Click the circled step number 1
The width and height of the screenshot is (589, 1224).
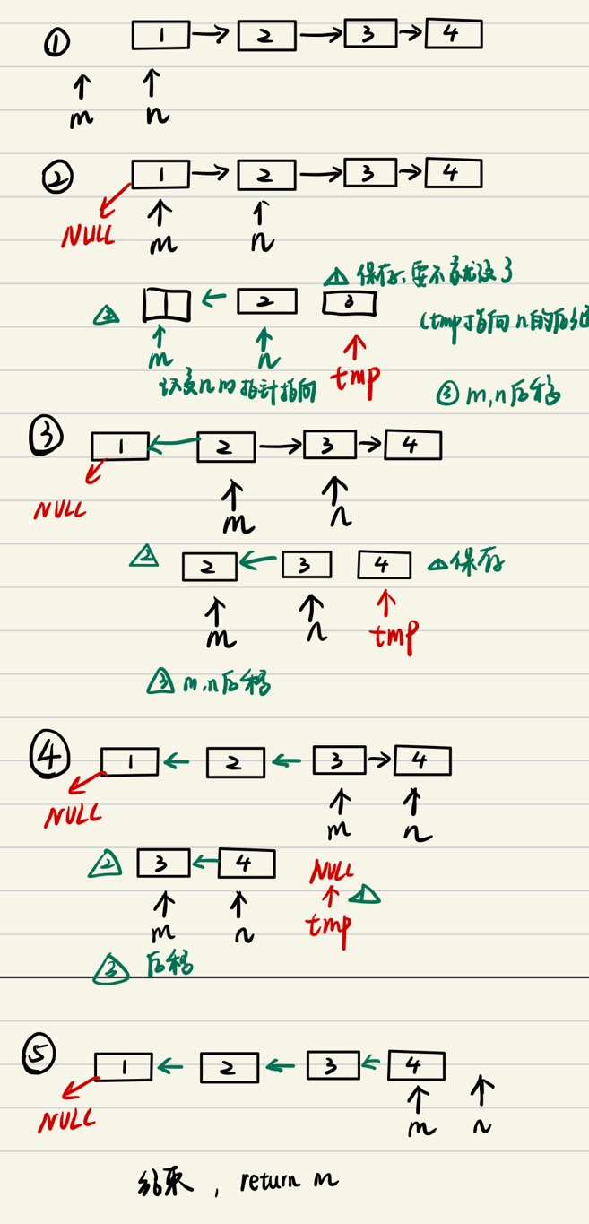[57, 43]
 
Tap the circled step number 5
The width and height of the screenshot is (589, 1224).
[40, 1054]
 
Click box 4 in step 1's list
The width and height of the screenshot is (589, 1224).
[454, 34]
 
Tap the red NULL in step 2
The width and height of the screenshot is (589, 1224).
[88, 235]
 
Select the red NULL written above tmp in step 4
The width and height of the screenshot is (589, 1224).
[332, 870]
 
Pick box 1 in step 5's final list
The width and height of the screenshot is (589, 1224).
[123, 1066]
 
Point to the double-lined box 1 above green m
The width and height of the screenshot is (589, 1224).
[167, 306]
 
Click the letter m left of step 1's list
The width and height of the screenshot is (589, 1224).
[81, 117]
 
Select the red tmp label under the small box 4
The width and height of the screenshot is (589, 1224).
[394, 635]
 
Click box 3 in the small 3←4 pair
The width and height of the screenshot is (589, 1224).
[163, 863]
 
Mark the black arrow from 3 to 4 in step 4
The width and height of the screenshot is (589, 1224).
[379, 762]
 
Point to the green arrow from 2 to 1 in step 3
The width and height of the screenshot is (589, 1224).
[173, 442]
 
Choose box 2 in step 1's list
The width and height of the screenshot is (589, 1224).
[266, 36]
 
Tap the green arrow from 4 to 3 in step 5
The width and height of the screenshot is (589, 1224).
[373, 1064]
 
